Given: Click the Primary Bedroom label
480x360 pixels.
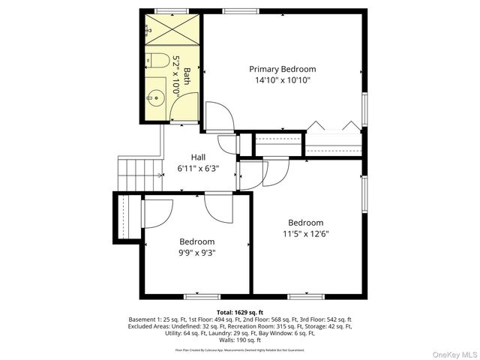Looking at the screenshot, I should pos(282,69).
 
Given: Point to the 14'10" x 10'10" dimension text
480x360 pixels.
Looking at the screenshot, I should pos(282,80).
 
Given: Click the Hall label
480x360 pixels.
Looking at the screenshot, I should pos(198,157).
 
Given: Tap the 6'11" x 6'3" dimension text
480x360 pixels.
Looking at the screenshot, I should pos(198,168).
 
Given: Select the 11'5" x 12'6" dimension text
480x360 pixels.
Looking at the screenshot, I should pos(306,233).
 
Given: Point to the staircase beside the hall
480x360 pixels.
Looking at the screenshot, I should pos(140,175).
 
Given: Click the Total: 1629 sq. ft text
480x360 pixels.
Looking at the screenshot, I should pos(239,310).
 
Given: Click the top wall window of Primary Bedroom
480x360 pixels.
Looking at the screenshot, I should pos(238,10).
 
